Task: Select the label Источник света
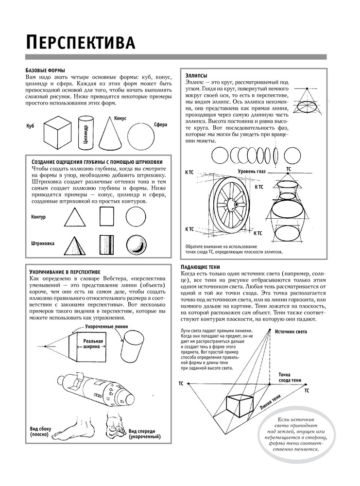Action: pos(291,332)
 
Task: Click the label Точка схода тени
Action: pos(290,377)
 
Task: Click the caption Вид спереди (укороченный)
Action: pos(145,434)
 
